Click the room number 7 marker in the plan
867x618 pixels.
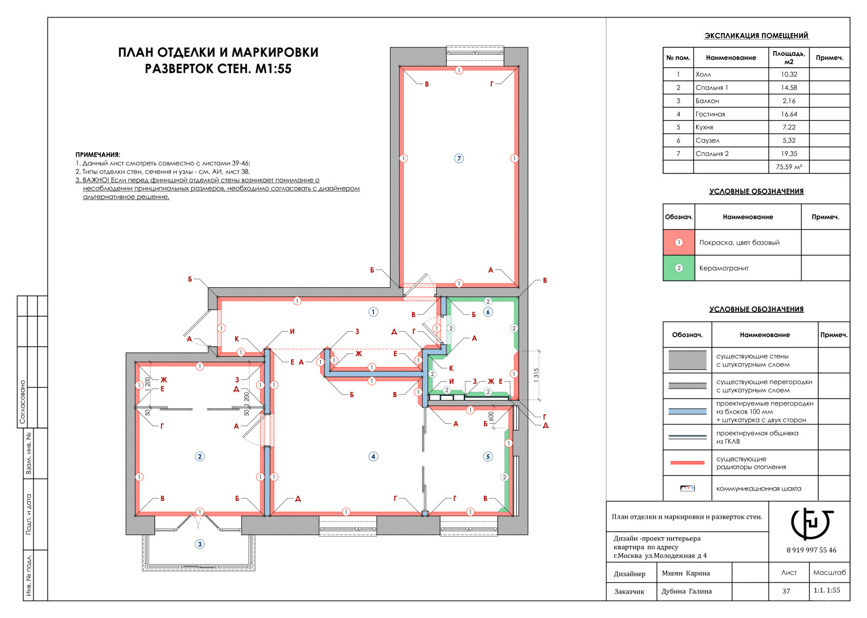(458, 158)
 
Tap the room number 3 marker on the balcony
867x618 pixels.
(200, 544)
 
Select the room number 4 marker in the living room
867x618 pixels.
(373, 456)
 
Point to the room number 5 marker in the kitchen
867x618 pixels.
(488, 456)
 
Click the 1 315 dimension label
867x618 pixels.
(536, 375)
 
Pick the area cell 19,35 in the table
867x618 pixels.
(789, 154)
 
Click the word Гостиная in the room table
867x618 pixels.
(710, 114)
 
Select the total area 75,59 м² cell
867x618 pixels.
(789, 167)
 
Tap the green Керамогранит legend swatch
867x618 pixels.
(679, 268)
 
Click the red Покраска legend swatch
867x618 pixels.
(679, 242)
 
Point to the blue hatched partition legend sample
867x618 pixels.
(688, 411)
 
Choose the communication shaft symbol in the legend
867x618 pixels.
(688, 488)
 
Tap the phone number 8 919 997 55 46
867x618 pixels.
(811, 550)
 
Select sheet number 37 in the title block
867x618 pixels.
(786, 591)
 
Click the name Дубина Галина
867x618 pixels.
(686, 591)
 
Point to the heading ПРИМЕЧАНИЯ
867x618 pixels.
(98, 155)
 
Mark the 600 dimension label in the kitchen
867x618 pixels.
(491, 417)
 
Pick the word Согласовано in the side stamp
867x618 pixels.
(22, 402)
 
